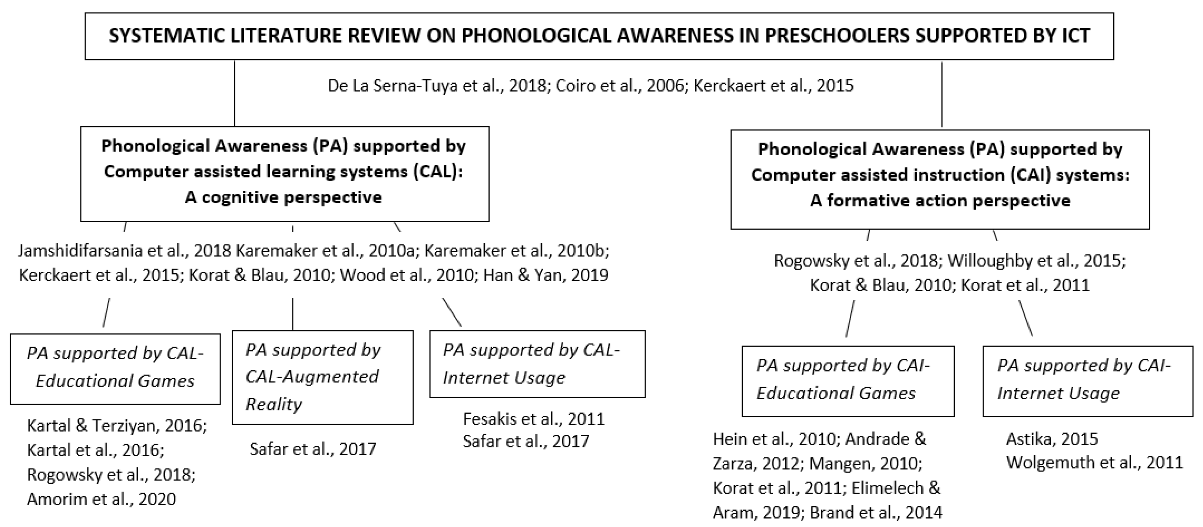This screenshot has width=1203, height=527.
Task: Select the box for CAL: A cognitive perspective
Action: pyautogui.click(x=284, y=173)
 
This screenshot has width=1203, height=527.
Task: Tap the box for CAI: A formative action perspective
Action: pyautogui.click(x=939, y=179)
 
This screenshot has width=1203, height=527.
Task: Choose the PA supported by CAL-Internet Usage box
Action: pyautogui.click(x=537, y=364)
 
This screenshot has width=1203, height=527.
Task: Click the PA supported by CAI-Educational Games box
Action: pyautogui.click(x=848, y=380)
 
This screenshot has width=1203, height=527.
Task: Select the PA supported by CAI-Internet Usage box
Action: pyautogui.click(x=1088, y=380)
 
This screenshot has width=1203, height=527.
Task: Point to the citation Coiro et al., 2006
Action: pyautogui.click(x=619, y=86)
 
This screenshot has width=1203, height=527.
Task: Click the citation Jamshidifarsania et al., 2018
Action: pyautogui.click(x=124, y=251)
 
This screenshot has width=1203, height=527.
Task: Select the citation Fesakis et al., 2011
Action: pyautogui.click(x=533, y=419)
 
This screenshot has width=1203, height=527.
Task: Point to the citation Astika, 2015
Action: pyautogui.click(x=1052, y=439)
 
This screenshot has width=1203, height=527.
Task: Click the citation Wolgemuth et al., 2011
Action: pyautogui.click(x=1094, y=463)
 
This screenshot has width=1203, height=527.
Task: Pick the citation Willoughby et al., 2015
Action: pyautogui.click(x=1036, y=260)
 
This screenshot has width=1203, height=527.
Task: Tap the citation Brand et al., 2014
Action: pyautogui.click(x=876, y=513)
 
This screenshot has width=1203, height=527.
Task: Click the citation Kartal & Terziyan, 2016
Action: pyautogui.click(x=117, y=426)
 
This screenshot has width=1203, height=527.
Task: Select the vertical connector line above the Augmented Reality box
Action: pyautogui.click(x=293, y=314)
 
